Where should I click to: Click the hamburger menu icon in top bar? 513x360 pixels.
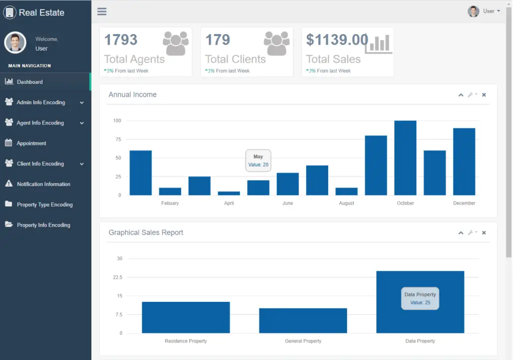click(x=102, y=12)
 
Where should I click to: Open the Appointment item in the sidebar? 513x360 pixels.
click(x=31, y=143)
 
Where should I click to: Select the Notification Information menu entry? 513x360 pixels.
click(x=43, y=184)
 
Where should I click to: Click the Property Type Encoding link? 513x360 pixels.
click(x=45, y=205)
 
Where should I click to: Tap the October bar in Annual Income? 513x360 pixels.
click(x=405, y=158)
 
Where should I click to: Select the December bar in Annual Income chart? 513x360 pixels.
click(x=464, y=161)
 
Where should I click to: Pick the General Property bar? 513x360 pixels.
click(x=303, y=320)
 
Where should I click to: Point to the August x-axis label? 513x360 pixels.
click(x=346, y=203)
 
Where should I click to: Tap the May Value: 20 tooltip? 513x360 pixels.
click(x=258, y=160)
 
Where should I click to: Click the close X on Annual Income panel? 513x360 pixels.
click(x=484, y=95)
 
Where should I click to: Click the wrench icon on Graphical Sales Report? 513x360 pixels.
click(x=471, y=233)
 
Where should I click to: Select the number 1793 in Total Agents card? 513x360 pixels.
click(x=121, y=40)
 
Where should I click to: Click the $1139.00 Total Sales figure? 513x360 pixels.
click(x=337, y=40)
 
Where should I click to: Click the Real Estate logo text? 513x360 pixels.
click(x=42, y=13)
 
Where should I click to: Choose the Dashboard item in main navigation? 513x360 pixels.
click(x=30, y=82)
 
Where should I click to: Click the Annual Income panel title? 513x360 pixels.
click(x=132, y=95)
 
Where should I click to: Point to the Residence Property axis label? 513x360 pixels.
click(x=185, y=341)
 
